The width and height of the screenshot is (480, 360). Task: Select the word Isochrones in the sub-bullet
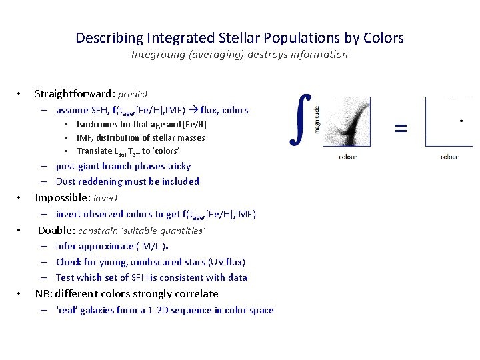[97, 125]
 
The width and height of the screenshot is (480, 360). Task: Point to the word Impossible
[62, 197]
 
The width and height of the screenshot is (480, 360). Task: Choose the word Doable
[55, 231]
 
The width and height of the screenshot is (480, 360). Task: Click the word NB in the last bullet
[43, 293]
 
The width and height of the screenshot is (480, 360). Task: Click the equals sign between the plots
[401, 127]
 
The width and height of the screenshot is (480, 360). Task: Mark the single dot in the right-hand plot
[462, 121]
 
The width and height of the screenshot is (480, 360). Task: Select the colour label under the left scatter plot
[347, 157]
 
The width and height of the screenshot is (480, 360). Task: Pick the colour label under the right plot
[449, 157]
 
